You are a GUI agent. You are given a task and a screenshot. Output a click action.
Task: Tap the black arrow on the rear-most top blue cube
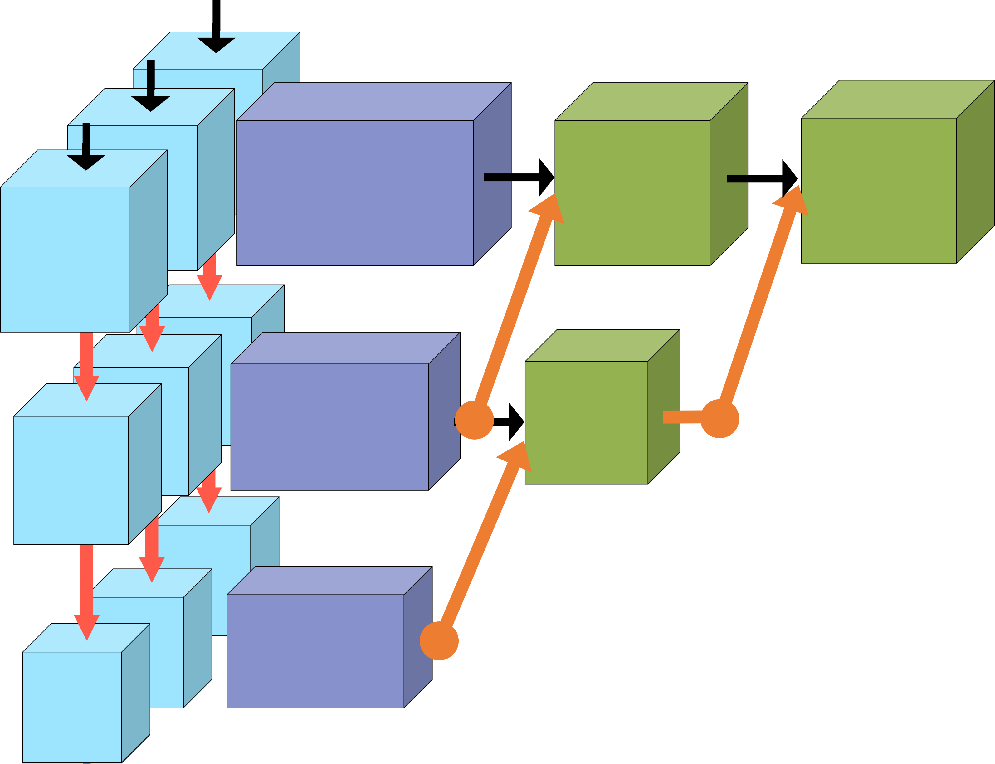tap(216, 43)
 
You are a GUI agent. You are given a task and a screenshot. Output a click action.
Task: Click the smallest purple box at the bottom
tap(315, 651)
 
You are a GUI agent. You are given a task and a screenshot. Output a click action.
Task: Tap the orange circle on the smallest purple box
tap(439, 641)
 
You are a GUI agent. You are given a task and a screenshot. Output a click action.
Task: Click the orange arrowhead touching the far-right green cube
tap(793, 200)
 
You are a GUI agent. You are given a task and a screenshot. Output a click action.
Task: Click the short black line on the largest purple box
tap(497, 178)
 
